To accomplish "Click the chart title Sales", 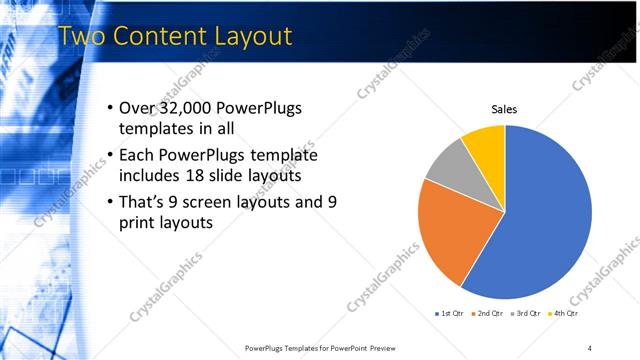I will click(504, 109).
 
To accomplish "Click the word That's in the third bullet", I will click(145, 202).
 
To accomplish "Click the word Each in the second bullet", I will click(138, 155).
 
